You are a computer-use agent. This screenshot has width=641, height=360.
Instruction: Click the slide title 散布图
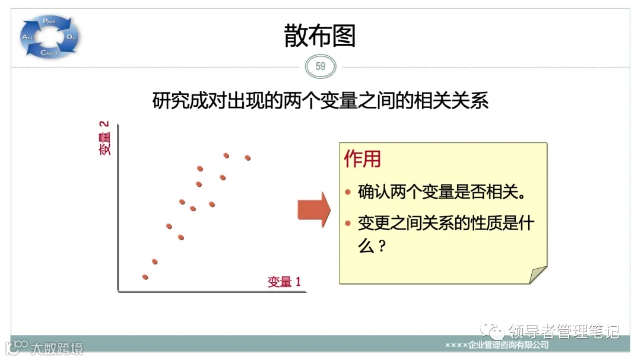pos(320,36)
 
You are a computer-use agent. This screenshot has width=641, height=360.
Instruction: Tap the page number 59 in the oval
pos(320,66)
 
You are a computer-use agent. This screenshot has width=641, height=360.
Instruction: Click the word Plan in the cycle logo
pos(49,21)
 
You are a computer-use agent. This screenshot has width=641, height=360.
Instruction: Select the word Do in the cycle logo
pos(71,37)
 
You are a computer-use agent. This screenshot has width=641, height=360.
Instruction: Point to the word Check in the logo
pos(49,53)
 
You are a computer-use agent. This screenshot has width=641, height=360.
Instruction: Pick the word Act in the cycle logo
pos(27,37)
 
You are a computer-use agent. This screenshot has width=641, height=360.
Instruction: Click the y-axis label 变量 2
pos(105,138)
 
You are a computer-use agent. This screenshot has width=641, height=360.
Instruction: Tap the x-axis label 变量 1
pos(284,282)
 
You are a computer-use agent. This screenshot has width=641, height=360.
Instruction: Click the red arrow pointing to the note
pos(313,209)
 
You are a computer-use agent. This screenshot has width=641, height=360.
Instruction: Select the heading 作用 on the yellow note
pos(363,159)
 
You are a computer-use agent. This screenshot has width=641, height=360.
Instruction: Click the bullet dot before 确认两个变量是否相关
pos(348,193)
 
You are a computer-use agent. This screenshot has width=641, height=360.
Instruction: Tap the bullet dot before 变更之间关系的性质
pos(348,224)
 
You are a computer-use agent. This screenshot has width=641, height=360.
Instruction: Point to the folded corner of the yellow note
pos(537,275)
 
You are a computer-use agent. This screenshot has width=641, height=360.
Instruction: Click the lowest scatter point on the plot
pos(145,277)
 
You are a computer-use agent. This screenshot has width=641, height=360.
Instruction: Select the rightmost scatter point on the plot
pos(247,158)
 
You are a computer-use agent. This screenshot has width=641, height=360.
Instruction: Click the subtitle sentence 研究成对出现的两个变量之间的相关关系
pos(320,101)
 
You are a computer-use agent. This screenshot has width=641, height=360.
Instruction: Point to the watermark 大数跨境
pos(57,348)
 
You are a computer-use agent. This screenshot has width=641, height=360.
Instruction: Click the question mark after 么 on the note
pos(382,246)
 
